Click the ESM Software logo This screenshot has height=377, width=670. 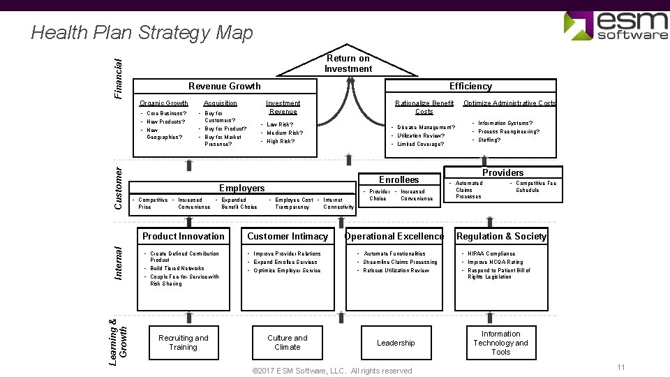pyautogui.click(x=616, y=25)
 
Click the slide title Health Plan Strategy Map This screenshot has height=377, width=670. pyautogui.click(x=142, y=32)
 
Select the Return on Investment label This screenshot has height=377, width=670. pyautogui.click(x=348, y=64)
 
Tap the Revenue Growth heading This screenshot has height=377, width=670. pyautogui.click(x=225, y=86)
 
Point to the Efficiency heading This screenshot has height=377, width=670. pyautogui.click(x=470, y=86)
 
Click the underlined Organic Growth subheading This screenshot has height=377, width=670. pyautogui.click(x=164, y=103)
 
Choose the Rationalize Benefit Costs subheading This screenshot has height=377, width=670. pyautogui.click(x=424, y=107)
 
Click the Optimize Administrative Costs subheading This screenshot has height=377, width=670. pyautogui.click(x=510, y=103)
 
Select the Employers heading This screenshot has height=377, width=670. pyautogui.click(x=242, y=188)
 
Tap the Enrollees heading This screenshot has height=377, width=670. pyautogui.click(x=399, y=179)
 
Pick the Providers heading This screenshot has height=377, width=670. pyautogui.click(x=502, y=172)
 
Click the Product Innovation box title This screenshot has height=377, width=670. pyautogui.click(x=184, y=236)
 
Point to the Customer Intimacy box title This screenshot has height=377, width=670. pyautogui.click(x=288, y=236)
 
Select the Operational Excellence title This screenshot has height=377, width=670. pyautogui.click(x=394, y=236)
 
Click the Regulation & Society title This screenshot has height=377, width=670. pyautogui.click(x=501, y=236)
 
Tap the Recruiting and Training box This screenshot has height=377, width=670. pyautogui.click(x=183, y=342)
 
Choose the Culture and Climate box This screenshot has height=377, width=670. pyautogui.click(x=288, y=342)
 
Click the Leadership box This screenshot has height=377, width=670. pyautogui.click(x=396, y=343)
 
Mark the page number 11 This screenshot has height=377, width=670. pyautogui.click(x=621, y=367)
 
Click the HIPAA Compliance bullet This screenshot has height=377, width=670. pyautogui.click(x=491, y=254)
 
